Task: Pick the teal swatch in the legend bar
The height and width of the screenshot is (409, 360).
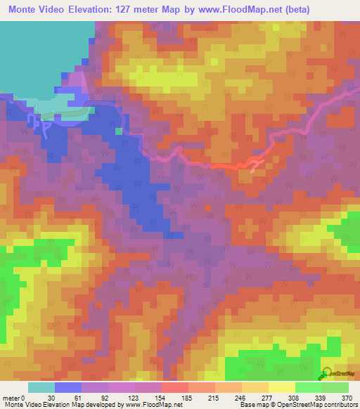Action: click(41, 387)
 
